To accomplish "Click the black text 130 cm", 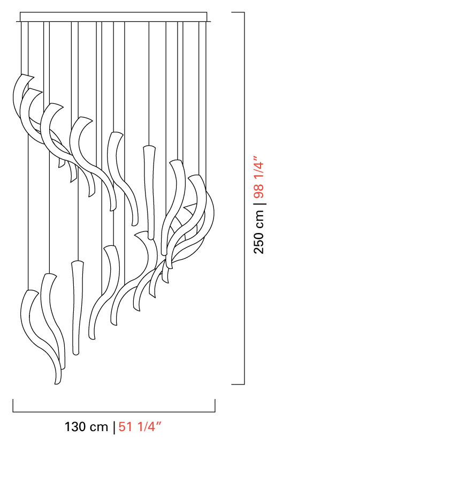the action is click(86, 427).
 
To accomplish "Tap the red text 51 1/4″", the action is click(140, 427).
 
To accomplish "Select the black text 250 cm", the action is click(258, 232).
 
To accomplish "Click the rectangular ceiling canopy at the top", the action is click(113, 17).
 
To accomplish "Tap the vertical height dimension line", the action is click(244, 198).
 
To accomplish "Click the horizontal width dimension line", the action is click(113, 412).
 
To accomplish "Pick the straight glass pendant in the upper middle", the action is click(150, 192).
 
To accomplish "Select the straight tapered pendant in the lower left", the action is click(77, 307).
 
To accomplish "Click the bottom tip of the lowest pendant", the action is click(57, 383).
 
